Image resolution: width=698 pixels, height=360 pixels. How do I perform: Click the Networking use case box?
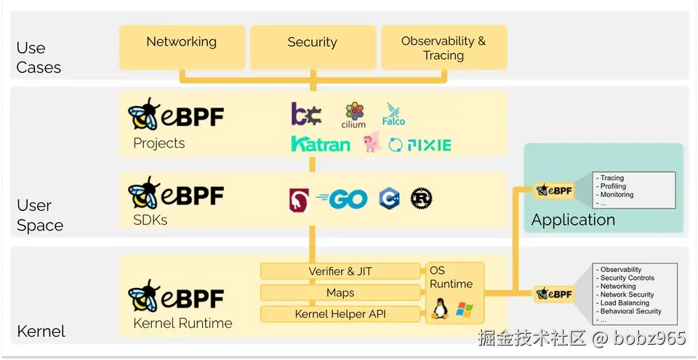[182, 47]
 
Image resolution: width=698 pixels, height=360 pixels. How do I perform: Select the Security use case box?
[313, 47]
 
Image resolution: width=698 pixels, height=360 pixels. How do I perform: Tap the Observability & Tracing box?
[444, 47]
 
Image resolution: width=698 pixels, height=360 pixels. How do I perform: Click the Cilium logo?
[354, 115]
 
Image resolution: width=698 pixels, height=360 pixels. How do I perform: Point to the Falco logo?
[393, 114]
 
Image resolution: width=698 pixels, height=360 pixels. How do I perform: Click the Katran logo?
[321, 143]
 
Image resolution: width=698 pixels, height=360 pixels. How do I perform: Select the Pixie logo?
[420, 145]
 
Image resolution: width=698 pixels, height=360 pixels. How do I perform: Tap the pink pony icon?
[372, 142]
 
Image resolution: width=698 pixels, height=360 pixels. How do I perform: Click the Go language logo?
[342, 199]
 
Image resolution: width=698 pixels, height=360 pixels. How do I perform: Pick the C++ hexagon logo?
[389, 199]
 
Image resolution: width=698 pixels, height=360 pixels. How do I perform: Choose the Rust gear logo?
[421, 199]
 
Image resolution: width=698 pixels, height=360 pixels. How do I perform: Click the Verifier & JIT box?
[340, 271]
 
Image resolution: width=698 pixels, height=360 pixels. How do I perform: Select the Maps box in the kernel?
[340, 292]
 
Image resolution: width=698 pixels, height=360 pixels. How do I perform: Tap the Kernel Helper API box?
[340, 314]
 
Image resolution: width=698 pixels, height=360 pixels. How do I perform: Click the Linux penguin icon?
[440, 309]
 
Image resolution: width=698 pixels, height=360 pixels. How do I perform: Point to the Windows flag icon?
[465, 310]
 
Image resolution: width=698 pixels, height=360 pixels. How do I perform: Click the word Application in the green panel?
[573, 220]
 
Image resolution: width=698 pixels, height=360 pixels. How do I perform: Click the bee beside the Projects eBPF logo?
[143, 114]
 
